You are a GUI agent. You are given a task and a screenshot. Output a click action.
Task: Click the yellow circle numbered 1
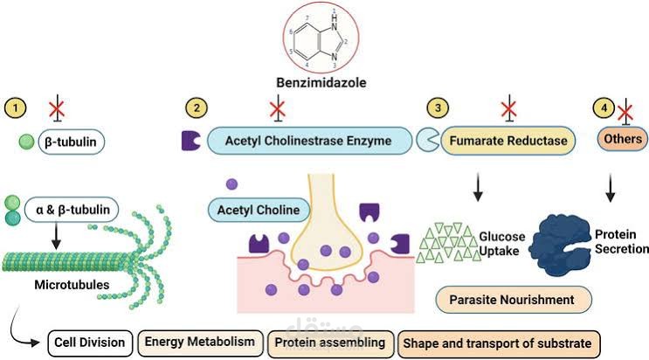[16, 108]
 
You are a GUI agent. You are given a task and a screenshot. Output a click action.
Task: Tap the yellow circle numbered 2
[197, 108]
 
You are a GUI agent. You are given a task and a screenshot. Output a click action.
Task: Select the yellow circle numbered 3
[438, 108]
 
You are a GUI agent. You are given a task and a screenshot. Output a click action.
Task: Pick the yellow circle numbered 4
[604, 108]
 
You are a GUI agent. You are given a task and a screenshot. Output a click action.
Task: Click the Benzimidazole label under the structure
[321, 82]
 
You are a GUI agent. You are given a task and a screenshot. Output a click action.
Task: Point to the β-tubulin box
[72, 142]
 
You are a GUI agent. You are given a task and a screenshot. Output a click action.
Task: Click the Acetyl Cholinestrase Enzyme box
[309, 141]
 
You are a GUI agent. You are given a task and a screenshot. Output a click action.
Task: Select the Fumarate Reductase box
[508, 141]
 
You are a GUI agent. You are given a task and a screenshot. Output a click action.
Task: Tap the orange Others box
[623, 138]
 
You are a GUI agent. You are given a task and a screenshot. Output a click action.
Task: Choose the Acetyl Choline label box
[259, 210]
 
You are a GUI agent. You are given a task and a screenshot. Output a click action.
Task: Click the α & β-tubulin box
[72, 210]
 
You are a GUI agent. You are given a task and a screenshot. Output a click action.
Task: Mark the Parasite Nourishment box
[514, 300]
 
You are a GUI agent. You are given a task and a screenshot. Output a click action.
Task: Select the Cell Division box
[90, 343]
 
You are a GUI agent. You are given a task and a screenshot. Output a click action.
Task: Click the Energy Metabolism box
[200, 343]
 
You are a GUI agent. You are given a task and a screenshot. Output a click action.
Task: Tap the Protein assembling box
[330, 343]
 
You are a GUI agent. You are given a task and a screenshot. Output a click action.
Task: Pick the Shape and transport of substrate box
[499, 343]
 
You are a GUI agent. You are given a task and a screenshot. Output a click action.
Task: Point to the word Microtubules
[72, 285]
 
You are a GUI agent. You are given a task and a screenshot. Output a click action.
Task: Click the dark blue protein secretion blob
[562, 245]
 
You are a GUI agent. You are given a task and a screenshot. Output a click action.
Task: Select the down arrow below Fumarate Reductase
[478, 187]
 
